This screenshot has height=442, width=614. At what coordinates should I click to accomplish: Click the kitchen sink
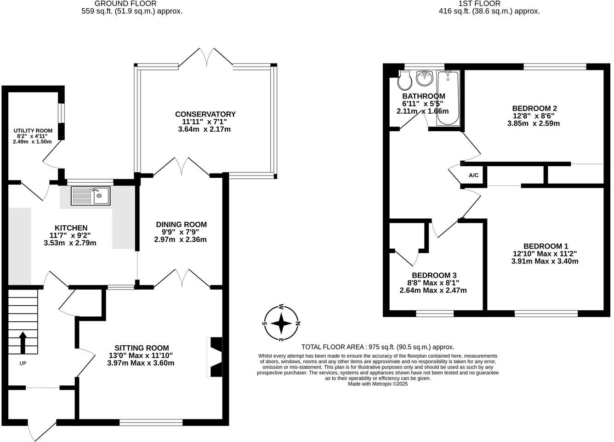[x=90, y=196]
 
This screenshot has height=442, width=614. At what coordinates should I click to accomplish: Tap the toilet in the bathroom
[x=404, y=81]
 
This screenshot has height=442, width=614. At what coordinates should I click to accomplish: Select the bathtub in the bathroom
[x=448, y=98]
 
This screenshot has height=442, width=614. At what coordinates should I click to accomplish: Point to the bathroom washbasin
[x=425, y=78]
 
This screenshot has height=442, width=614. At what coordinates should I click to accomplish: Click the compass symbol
[x=281, y=324]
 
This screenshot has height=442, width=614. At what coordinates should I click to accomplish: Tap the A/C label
[x=473, y=175]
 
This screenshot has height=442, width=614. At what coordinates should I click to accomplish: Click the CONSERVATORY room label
[x=205, y=114]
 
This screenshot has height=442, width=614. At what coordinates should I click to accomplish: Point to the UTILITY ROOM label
[x=33, y=131]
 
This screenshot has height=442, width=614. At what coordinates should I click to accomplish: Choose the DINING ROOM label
[x=180, y=225]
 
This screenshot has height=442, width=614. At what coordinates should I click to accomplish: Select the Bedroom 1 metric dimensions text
[x=545, y=261]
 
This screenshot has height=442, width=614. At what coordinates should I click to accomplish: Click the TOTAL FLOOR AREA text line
[x=377, y=347]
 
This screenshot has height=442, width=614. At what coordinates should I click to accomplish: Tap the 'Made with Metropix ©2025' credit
[x=377, y=384]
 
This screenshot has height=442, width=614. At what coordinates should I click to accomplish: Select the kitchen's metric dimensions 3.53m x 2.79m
[x=70, y=243]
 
